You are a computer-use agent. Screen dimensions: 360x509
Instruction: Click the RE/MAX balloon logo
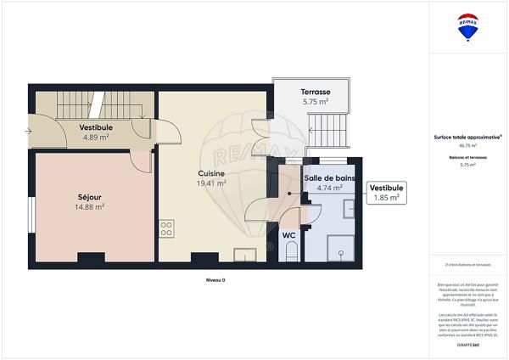point(467,26)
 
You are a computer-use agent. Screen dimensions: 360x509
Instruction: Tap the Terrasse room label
point(316,92)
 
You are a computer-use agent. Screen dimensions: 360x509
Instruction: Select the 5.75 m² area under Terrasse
point(316,102)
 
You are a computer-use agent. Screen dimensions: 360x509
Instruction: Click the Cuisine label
point(211,172)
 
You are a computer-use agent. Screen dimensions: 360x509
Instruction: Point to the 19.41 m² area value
point(211,183)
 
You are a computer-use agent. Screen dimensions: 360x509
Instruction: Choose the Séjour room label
point(89,196)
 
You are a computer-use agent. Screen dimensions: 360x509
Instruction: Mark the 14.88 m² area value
point(89,206)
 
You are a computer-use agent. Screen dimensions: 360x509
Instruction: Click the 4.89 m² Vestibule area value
point(95,137)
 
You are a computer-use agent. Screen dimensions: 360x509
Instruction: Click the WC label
point(288,235)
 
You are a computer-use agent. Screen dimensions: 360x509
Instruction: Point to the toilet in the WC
point(291,250)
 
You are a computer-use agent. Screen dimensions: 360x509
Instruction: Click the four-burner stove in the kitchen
point(166,228)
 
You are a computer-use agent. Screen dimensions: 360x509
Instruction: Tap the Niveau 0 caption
point(215,279)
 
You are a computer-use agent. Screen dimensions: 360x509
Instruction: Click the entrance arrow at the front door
point(29,131)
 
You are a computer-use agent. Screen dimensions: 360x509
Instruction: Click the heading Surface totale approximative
point(467,137)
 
